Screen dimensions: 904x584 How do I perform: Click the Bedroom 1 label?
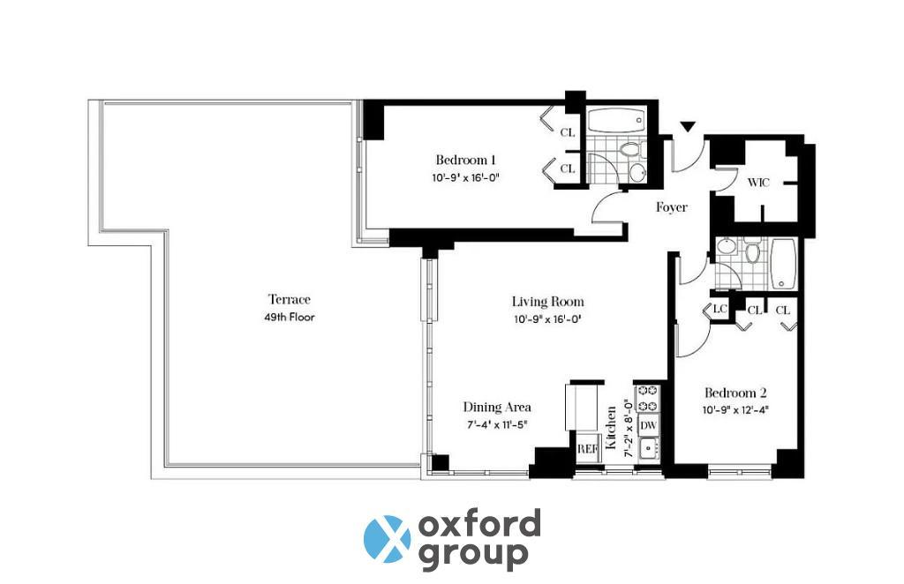click(x=465, y=160)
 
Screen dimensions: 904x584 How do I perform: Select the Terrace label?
click(x=290, y=299)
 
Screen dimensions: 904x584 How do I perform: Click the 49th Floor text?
click(x=290, y=318)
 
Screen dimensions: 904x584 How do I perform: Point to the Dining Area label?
click(x=497, y=408)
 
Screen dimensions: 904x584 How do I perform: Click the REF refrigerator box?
click(x=587, y=448)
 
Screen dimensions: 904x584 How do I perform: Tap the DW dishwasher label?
click(x=649, y=426)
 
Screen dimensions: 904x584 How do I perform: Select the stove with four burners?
click(x=647, y=398)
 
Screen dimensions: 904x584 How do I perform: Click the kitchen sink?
click(x=649, y=448)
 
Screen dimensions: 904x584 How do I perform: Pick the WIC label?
click(x=758, y=183)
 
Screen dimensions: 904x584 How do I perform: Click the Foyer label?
click(x=672, y=206)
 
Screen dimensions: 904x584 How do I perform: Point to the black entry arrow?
click(x=688, y=127)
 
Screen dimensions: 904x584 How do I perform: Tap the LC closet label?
click(x=719, y=309)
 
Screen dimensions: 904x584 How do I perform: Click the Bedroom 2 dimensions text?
click(x=735, y=410)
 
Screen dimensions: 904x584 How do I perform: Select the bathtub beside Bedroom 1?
click(x=616, y=121)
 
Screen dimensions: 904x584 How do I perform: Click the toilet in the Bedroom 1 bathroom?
click(x=629, y=150)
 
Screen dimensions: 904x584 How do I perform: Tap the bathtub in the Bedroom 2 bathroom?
click(x=783, y=264)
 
